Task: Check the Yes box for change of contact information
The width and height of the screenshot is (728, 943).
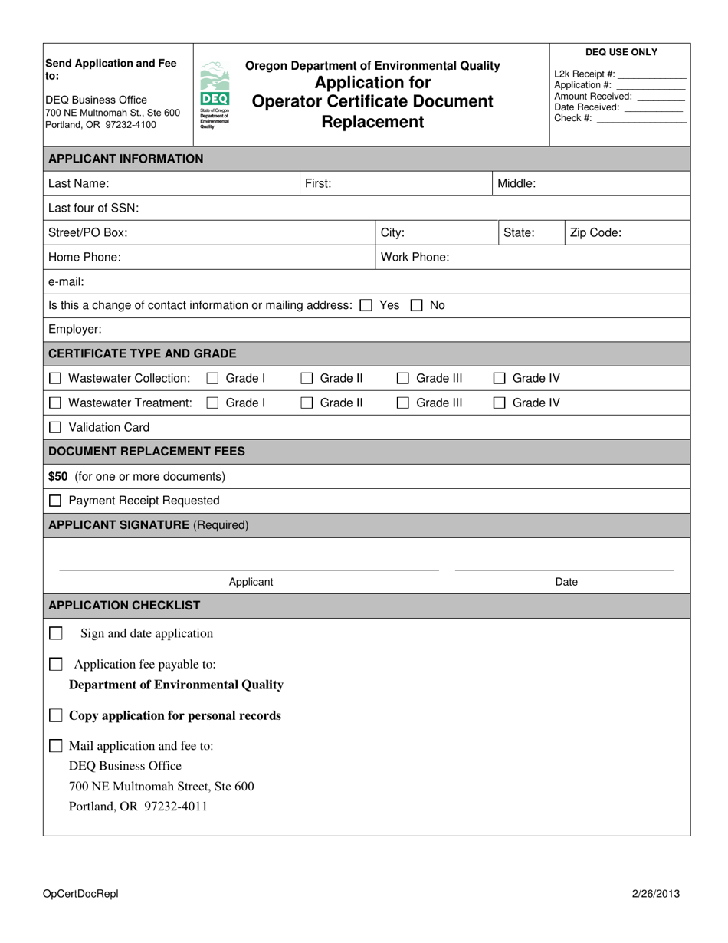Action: click(366, 305)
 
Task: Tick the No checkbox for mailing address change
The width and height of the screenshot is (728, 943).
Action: click(417, 305)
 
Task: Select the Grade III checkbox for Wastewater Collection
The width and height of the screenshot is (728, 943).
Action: click(403, 378)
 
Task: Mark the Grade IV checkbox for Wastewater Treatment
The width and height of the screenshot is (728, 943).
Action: click(499, 402)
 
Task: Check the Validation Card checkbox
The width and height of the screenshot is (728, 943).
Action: click(55, 427)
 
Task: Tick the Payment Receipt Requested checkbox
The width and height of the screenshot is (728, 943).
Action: click(55, 501)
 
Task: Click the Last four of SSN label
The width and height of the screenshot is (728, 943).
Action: click(93, 208)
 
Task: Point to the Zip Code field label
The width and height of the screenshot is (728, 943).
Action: click(595, 232)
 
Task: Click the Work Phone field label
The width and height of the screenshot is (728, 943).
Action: click(415, 257)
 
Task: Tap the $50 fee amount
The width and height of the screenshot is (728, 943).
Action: click(58, 476)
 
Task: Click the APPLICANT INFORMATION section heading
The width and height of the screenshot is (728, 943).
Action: click(126, 159)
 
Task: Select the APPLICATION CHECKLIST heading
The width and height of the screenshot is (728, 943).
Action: click(124, 605)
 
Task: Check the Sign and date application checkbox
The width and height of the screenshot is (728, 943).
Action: click(56, 633)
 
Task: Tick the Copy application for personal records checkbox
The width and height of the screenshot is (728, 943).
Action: click(56, 715)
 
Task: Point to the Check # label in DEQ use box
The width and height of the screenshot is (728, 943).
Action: click(572, 118)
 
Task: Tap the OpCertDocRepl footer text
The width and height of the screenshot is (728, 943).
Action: click(81, 893)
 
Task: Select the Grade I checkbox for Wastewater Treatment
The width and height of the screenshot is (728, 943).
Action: click(213, 402)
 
